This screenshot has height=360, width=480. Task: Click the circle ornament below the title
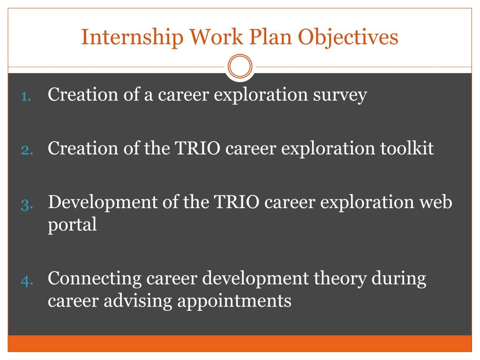point(240,67)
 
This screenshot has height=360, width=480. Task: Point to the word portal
point(72,225)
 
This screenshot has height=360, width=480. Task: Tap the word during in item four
point(399,279)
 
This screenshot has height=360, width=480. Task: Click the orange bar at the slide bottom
point(240,343)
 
